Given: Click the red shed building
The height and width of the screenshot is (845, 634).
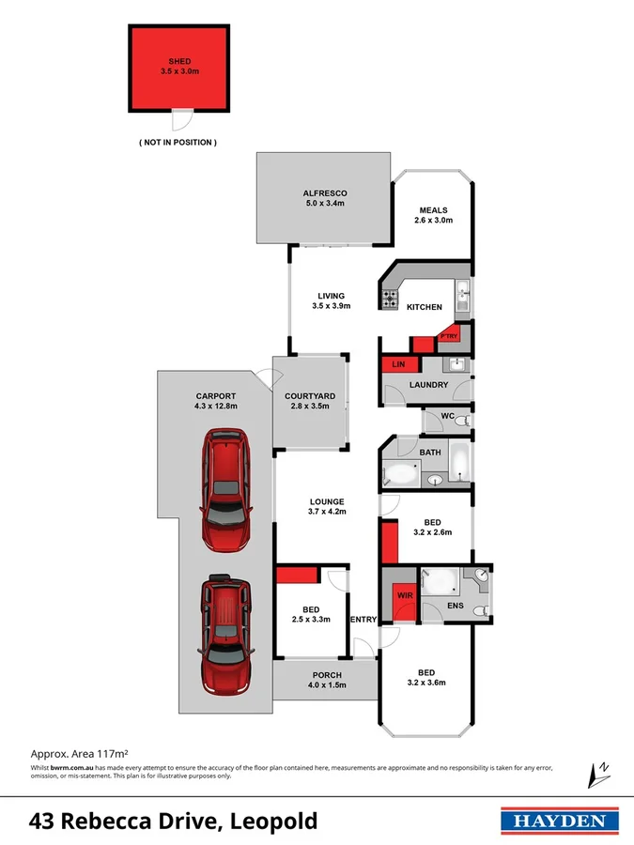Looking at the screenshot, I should pos(178,69).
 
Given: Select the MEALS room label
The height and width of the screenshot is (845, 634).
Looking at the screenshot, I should pos(433,210).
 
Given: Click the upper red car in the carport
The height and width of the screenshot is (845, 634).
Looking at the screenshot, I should pos(225,490).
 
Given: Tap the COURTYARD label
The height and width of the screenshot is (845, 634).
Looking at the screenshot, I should pos(310,396).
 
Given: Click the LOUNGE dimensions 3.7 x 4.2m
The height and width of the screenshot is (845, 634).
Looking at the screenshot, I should pos(327,513).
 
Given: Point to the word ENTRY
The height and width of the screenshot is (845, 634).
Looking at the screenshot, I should pos(363,620).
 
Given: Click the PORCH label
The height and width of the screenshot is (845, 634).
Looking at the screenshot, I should pos(327,675).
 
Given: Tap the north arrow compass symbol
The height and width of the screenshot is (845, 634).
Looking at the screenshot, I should pos(597,773).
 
